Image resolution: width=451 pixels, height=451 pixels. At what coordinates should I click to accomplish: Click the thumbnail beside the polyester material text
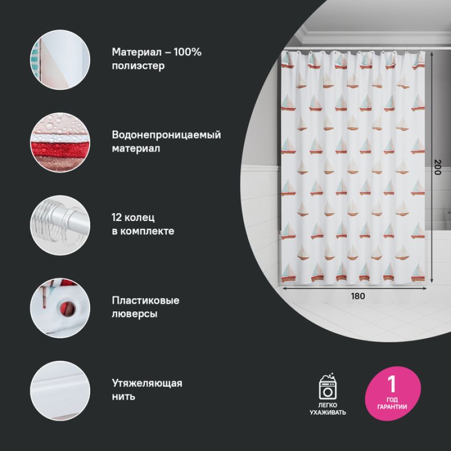coord(60,59)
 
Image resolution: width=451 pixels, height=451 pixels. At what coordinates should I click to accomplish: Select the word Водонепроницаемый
coord(166,135)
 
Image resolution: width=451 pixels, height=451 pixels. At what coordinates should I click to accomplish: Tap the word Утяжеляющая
coord(147,383)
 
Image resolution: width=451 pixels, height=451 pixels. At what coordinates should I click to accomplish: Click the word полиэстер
coord(138,66)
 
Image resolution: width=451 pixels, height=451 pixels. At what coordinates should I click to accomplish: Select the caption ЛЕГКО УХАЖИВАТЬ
coord(328,409)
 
